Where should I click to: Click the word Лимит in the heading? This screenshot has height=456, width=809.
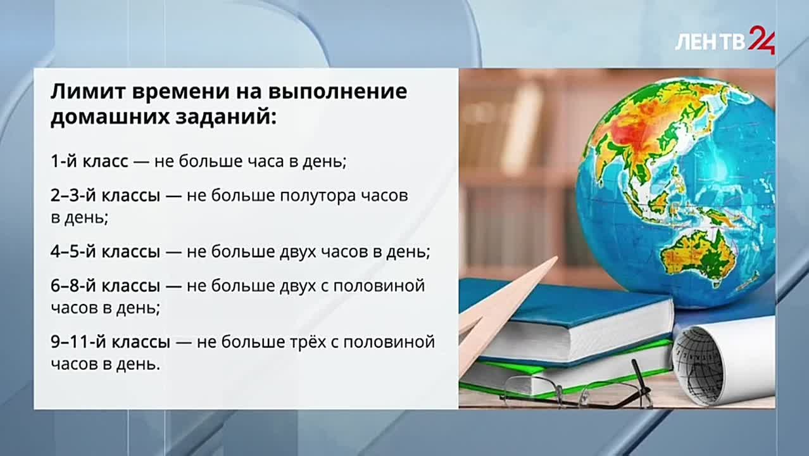tap(85, 92)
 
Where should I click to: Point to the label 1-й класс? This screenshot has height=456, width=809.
tap(89, 161)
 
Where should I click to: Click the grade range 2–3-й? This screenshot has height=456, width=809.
tap(73, 196)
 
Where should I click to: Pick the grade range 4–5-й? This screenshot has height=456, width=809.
tap(73, 252)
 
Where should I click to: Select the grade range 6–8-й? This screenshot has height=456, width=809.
tap(73, 286)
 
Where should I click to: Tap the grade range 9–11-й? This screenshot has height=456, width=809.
tap(78, 342)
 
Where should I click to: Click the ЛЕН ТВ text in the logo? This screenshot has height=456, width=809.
tap(710, 43)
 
